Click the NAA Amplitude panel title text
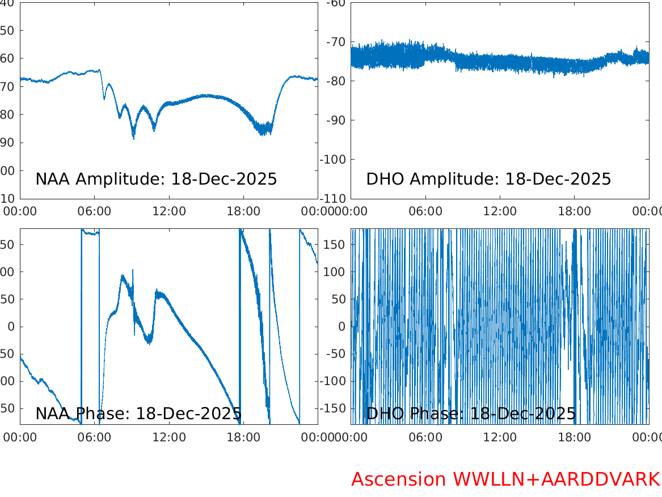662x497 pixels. pyautogui.click(x=156, y=179)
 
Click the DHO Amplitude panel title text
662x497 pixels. pyautogui.click(x=488, y=179)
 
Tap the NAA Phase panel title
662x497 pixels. pyautogui.click(x=138, y=414)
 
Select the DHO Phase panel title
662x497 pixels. pyautogui.click(x=471, y=414)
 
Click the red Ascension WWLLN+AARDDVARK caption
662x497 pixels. pyautogui.click(x=505, y=479)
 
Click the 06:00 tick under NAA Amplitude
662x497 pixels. pyautogui.click(x=95, y=211)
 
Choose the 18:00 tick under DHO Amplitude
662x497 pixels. pyautogui.click(x=575, y=211)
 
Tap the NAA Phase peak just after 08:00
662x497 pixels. pyautogui.click(x=122, y=276)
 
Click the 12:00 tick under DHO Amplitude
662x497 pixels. pyautogui.click(x=500, y=211)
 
